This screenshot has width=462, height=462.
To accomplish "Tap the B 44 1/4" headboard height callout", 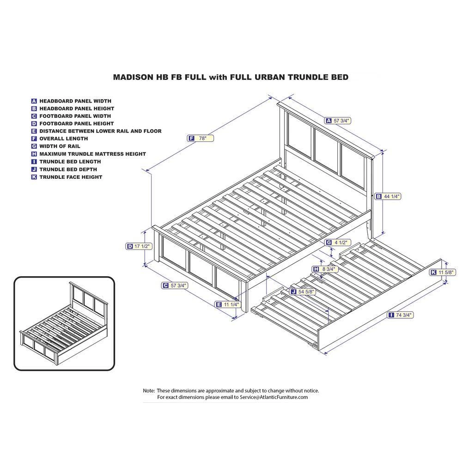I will pyautogui.click(x=388, y=196).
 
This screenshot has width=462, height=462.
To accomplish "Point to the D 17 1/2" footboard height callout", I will pyautogui.click(x=139, y=246).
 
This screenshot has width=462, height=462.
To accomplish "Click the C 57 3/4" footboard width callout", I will pyautogui.click(x=175, y=286).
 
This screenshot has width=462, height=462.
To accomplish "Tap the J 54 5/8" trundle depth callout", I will pyautogui.click(x=303, y=292).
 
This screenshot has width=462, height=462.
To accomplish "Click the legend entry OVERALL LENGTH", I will pyautogui.click(x=63, y=139).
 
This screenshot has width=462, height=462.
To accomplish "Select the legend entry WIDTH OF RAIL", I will pyautogui.click(x=60, y=146).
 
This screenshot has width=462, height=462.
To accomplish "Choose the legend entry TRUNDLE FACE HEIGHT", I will pyautogui.click(x=71, y=177).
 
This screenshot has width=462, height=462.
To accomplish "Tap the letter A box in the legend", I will pyautogui.click(x=34, y=101).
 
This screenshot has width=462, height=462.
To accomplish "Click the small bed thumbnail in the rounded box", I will pyautogui.click(x=64, y=323).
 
